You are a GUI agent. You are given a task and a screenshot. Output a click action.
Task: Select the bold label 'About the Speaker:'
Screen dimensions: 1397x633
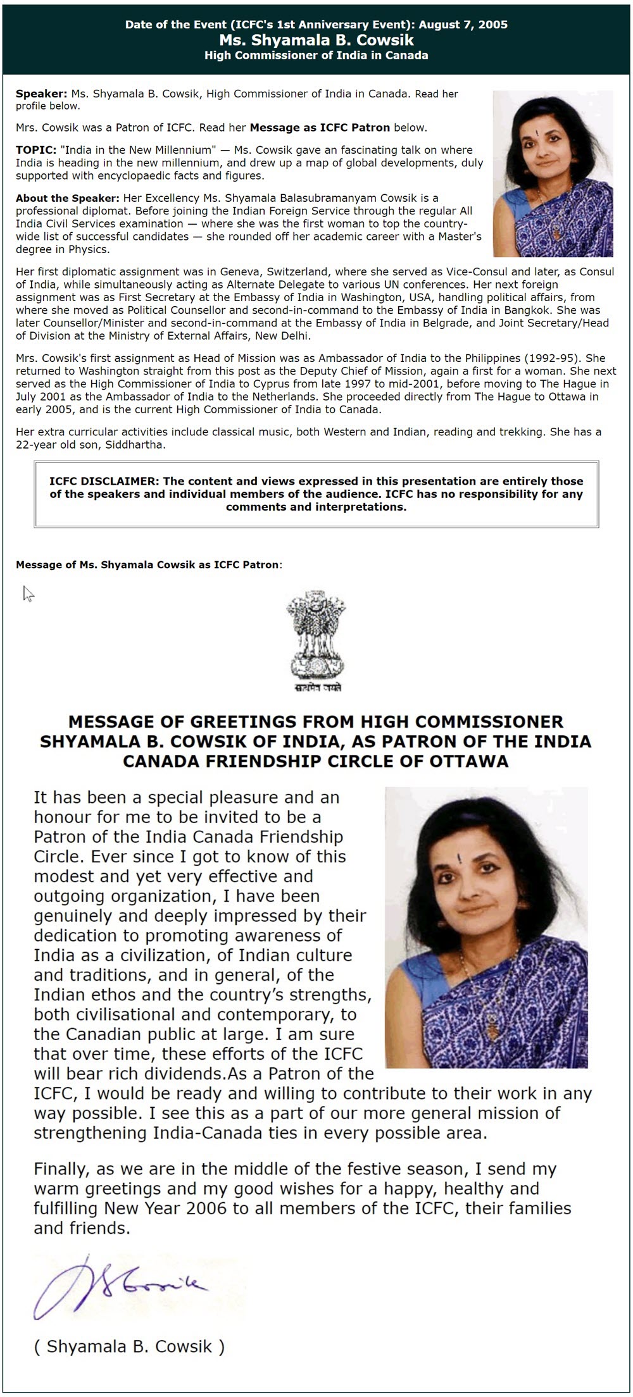point(68,198)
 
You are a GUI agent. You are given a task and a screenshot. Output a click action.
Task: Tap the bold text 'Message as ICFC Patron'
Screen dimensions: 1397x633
point(320,127)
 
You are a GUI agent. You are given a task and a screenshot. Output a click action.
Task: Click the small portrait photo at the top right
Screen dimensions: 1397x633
point(553,173)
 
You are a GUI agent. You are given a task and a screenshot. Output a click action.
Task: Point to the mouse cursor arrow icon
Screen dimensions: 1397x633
point(28,593)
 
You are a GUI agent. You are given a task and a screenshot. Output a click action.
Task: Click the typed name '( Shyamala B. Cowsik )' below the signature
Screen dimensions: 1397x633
point(129,1346)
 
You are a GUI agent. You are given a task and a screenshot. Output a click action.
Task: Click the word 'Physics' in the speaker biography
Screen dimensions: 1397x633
point(90,249)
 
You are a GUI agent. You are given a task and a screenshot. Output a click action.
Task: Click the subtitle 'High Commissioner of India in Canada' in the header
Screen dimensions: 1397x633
point(316,55)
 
